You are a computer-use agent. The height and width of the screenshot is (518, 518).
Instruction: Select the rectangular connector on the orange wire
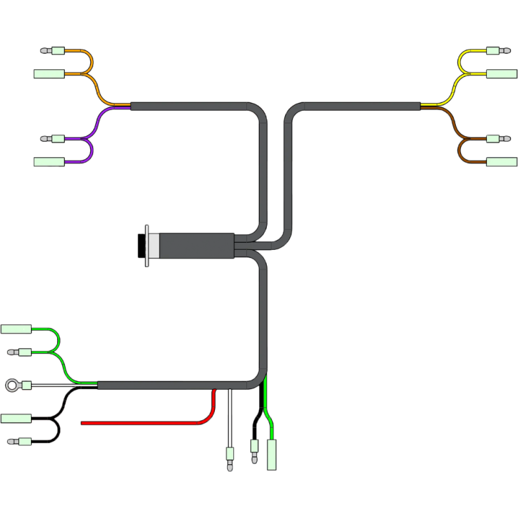[47, 73]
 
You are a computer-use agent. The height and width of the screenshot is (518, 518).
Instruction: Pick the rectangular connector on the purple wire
[47, 161]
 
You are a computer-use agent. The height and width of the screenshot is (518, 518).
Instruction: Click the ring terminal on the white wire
[12, 386]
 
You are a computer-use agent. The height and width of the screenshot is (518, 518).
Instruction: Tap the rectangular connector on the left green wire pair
[16, 329]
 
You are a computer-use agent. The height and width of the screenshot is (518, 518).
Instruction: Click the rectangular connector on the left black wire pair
[16, 418]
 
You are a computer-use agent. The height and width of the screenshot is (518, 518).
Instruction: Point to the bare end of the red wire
[83, 423]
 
